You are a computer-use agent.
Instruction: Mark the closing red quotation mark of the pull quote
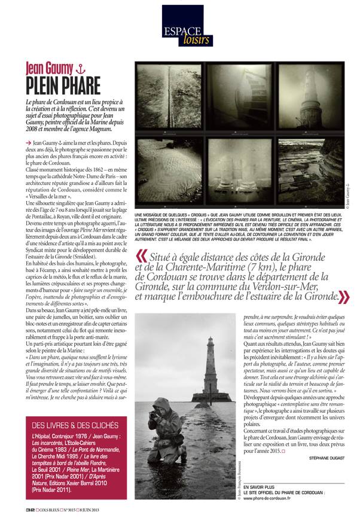click(345, 295)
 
